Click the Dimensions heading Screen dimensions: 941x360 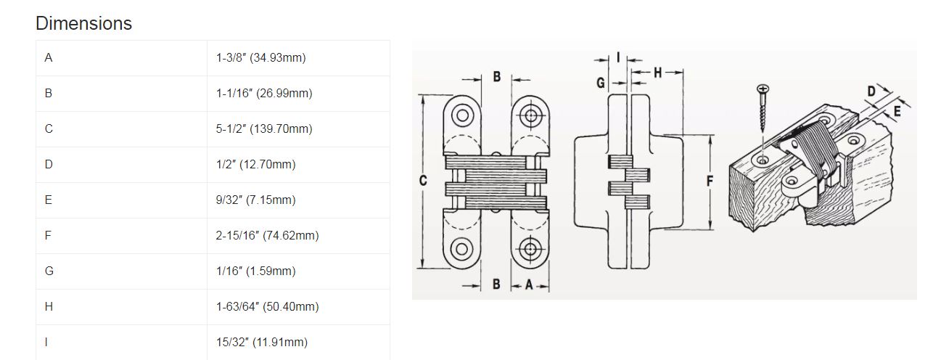tap(83, 23)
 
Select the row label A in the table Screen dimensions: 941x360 tap(49, 57)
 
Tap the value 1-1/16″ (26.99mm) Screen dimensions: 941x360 tap(264, 93)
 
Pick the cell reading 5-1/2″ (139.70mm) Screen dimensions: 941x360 tap(264, 128)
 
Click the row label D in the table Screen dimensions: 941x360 tap(49, 164)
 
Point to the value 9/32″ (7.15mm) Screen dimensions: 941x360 tap(255, 200)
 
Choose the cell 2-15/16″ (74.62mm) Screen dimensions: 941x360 tap(267, 235)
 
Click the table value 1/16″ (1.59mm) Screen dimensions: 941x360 tap(255, 271)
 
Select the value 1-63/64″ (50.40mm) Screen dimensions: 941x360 tap(267, 306)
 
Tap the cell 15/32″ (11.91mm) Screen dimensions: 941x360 tap(261, 343)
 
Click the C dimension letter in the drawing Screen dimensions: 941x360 tap(423, 181)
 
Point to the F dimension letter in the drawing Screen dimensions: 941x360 tap(710, 181)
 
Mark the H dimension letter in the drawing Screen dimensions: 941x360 tap(657, 73)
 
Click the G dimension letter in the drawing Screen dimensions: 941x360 tap(601, 83)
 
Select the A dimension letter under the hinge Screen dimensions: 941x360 tap(529, 285)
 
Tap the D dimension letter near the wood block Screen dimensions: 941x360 tap(871, 91)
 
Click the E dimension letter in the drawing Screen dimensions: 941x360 tap(897, 111)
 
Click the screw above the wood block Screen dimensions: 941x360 tap(763, 108)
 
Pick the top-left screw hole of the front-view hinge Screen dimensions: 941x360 tap(462, 115)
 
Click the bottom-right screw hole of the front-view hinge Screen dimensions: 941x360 tap(530, 249)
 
